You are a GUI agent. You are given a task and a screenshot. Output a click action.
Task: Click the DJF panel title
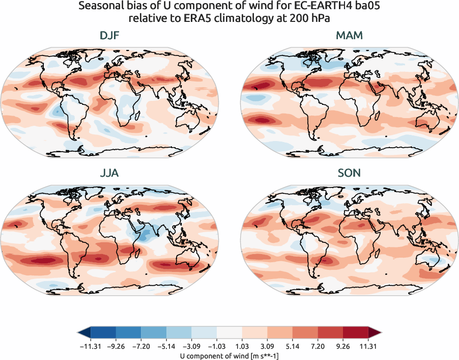[x=110, y=36]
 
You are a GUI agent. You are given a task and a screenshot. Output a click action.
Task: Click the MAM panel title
[x=349, y=36]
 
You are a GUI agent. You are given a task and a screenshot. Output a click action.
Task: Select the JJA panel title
[x=110, y=173]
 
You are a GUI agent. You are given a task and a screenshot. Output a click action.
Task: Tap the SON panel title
[x=349, y=173]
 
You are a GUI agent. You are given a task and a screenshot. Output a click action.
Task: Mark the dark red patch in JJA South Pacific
[x=43, y=260]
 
